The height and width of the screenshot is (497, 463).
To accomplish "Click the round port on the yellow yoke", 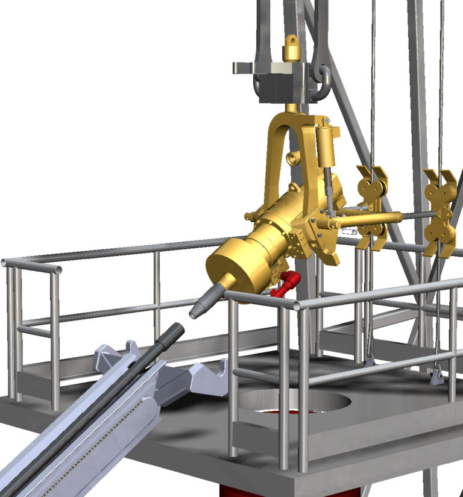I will pos(294,159).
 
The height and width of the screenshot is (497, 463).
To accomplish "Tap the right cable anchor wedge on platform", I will pos(436,376).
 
